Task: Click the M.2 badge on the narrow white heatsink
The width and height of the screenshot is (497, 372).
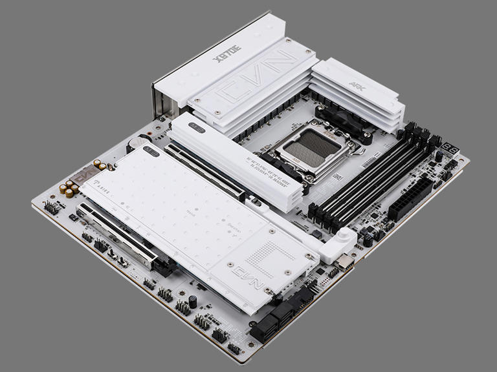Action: (x=197, y=128)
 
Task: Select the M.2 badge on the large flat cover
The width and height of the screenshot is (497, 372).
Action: (x=151, y=152)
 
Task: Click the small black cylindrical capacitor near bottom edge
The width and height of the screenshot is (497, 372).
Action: (x=192, y=301)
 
